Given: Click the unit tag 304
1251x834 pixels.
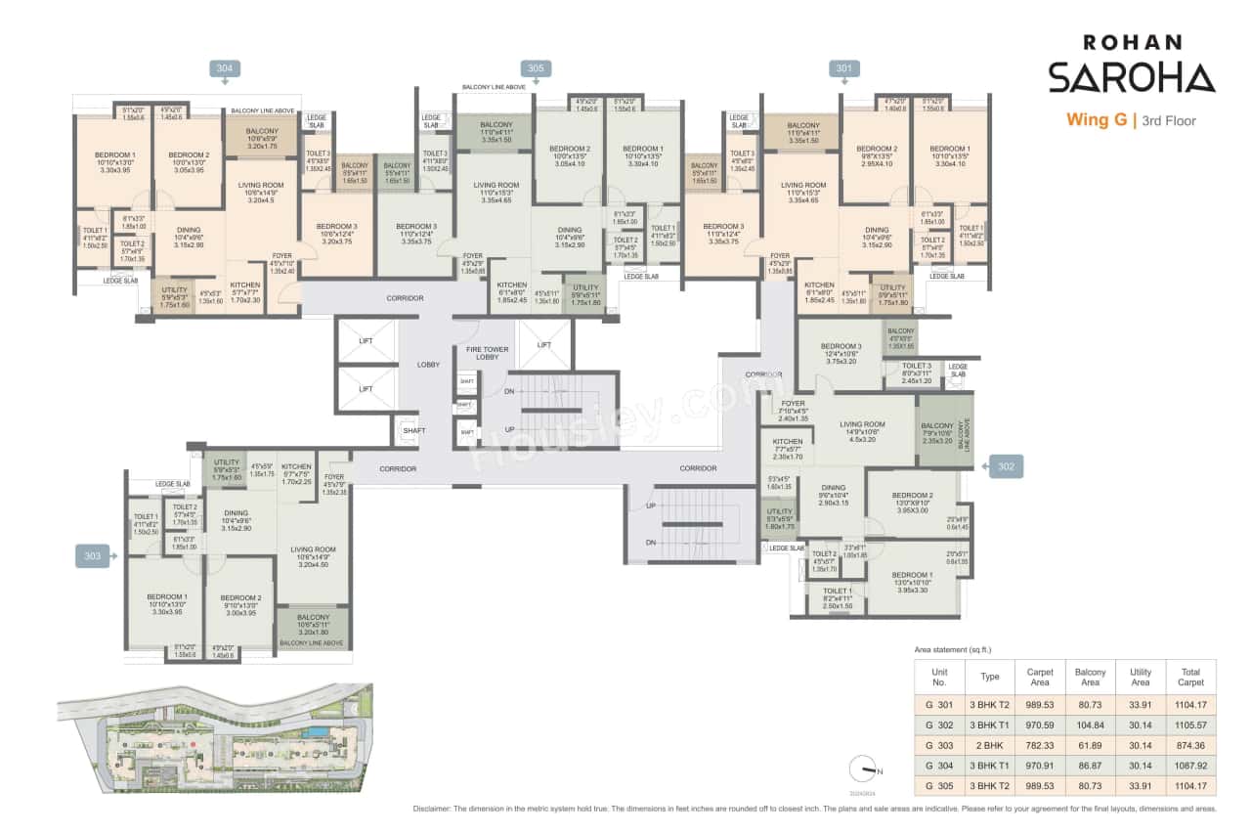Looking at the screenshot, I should [x=225, y=68].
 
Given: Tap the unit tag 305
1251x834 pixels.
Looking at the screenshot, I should [x=536, y=68].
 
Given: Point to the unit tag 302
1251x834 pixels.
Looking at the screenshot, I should [x=1007, y=467].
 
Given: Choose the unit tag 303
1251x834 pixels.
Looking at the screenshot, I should [x=92, y=556].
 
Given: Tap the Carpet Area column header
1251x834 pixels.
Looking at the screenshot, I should [x=1040, y=677].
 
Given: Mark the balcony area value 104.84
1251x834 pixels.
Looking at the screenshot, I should [x=1091, y=724].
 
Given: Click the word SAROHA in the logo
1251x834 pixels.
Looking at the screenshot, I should [x=1132, y=76].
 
